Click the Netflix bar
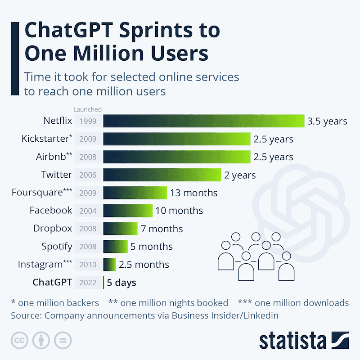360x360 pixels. coord(204,121)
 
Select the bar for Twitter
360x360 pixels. coord(162,175)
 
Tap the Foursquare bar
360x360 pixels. coord(135,193)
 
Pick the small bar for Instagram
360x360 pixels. coord(110,264)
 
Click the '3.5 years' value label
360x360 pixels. coord(327,121)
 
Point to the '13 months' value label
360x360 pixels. coord(193,193)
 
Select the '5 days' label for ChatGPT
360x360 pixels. coord(121,283)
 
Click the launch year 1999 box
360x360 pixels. coord(88,121)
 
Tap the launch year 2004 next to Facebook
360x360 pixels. coord(88,211)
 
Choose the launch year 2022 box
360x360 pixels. coord(88,283)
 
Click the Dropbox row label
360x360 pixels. coord(53,228)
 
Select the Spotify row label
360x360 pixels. coord(57,246)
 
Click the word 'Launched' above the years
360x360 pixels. coord(88,109)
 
